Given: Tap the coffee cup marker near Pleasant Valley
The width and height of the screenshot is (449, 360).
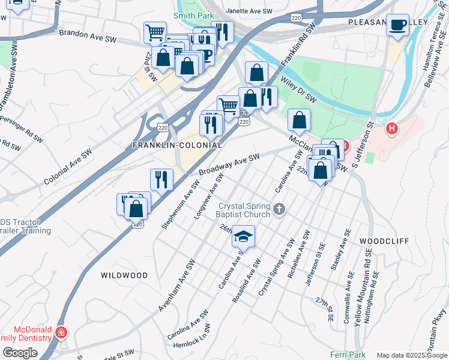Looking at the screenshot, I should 397,25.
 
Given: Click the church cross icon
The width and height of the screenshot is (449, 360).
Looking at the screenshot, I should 278,209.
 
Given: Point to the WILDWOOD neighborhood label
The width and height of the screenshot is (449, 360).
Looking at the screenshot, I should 124,275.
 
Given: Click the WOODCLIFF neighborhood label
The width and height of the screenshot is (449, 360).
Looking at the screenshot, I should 384,241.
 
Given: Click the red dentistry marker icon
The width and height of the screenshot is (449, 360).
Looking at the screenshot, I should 61,332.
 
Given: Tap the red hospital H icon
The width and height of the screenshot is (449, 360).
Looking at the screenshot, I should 392,128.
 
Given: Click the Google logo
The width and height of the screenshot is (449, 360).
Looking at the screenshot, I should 20,353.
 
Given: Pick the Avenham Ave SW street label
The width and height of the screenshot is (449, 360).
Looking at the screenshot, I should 178,285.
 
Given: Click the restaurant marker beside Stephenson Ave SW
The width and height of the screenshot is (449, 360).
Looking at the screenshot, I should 161,179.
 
